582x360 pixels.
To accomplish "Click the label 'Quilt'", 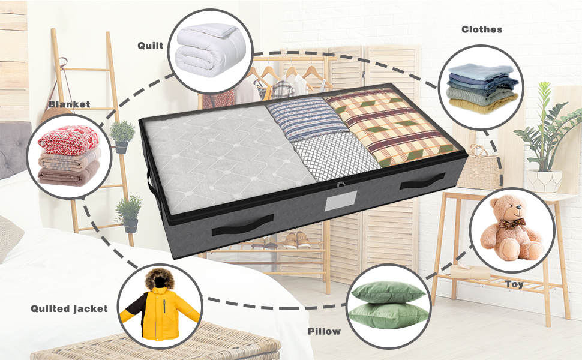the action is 150,46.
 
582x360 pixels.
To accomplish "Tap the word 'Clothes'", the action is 482,29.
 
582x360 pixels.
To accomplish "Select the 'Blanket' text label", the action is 70,104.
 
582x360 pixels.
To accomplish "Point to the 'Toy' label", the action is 514,284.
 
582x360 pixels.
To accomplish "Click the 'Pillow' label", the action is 324,331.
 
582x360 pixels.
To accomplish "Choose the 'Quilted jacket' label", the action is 70,308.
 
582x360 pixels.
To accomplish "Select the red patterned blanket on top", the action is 68,139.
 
